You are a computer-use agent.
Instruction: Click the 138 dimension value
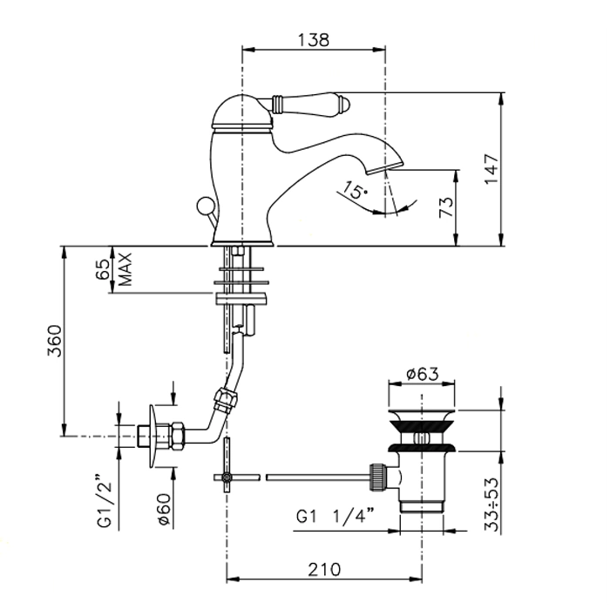tap(313, 40)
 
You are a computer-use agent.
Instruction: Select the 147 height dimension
tap(491, 169)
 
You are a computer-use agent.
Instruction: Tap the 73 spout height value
tap(446, 207)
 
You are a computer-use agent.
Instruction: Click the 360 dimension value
tap(54, 342)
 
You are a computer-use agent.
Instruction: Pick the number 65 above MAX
tap(102, 269)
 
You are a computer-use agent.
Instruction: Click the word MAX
tap(125, 269)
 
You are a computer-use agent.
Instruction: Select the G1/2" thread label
tap(104, 500)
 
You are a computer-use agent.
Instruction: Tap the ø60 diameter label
tap(165, 510)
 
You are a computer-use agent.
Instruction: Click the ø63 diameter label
tap(422, 374)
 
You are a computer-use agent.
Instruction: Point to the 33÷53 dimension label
tap(491, 505)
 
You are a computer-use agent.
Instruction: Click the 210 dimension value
tap(324, 570)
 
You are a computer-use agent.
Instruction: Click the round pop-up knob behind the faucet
tap(203, 205)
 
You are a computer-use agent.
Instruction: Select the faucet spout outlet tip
tap(385, 167)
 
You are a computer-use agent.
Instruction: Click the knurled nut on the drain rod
tap(379, 477)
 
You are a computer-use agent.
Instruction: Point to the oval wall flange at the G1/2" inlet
tap(152, 437)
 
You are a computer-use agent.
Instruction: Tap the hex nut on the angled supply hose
tap(226, 399)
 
